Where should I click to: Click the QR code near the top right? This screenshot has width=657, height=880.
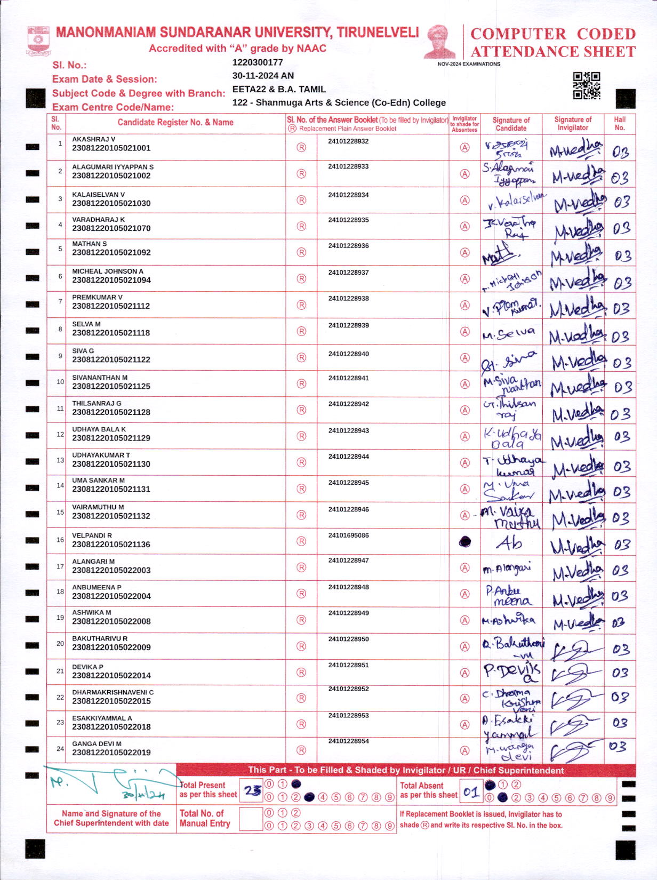[x=586, y=85]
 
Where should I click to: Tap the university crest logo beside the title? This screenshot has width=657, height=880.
[x=38, y=41]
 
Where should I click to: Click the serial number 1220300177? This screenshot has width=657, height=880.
[x=257, y=62]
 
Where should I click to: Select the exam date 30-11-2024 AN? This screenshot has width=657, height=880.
[x=263, y=76]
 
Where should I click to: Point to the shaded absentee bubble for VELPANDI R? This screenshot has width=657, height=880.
[x=465, y=542]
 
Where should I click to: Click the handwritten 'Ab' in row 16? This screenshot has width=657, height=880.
[x=509, y=543]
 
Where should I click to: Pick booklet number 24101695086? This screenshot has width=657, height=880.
[x=348, y=535]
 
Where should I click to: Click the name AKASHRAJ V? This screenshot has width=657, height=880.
[x=94, y=139]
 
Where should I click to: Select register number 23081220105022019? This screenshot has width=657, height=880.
[x=111, y=753]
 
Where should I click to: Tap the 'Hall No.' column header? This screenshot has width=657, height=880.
[x=619, y=123]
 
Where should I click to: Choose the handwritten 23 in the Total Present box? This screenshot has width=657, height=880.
[x=252, y=790]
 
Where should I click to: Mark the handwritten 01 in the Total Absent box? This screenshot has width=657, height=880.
[x=470, y=792]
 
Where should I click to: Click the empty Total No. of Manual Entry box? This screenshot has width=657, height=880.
[x=251, y=819]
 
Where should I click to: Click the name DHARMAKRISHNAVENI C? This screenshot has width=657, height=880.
[x=113, y=692]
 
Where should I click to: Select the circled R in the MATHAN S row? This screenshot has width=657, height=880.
[x=301, y=252]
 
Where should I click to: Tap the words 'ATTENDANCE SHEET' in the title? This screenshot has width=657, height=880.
[x=552, y=52]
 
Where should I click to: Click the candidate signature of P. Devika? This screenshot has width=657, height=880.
[x=511, y=672]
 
